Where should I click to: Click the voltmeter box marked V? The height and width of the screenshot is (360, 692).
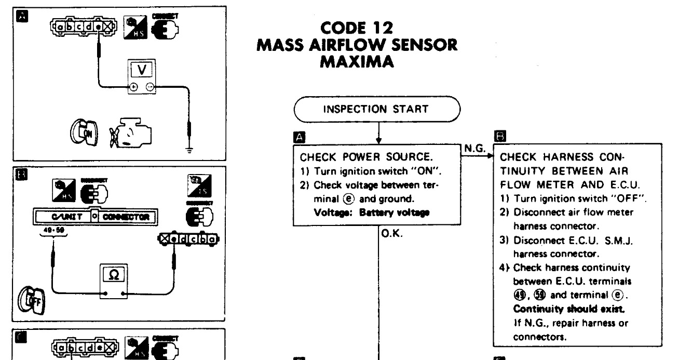pos(142,70)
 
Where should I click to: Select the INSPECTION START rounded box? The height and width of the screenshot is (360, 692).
pos(377,109)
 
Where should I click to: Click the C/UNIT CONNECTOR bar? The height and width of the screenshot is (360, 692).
pos(96,216)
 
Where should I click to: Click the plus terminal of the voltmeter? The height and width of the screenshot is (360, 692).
pos(134,87)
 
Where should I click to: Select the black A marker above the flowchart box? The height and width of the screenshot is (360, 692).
pos(298,137)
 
